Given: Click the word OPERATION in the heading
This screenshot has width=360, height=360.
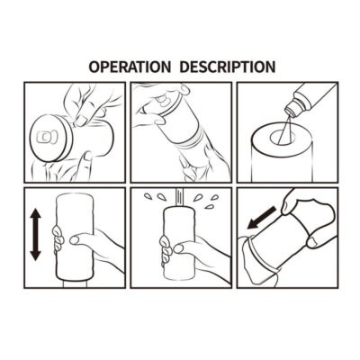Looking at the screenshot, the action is click(130, 67).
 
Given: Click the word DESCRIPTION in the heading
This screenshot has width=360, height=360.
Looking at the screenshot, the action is click(228, 67).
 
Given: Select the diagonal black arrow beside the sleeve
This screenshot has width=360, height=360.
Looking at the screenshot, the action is click(260, 218).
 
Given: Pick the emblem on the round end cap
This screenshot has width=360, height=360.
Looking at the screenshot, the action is click(45, 137).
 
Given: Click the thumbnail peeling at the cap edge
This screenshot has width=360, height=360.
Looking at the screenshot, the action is click(80, 121).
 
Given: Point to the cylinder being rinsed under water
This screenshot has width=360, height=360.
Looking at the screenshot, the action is click(180, 244).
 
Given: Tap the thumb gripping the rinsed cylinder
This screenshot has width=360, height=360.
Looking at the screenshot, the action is click(183, 247).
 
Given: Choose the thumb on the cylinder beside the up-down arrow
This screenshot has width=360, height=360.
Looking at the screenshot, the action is click(78, 238).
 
